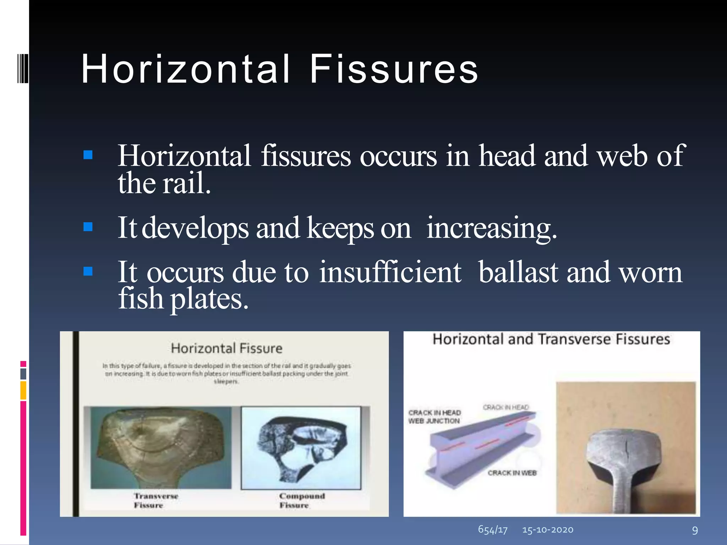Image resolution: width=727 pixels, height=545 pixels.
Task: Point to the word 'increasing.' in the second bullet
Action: point(492,228)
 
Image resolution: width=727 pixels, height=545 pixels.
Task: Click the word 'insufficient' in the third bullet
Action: point(390,272)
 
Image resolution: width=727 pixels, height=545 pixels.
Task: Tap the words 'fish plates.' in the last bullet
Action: point(183,298)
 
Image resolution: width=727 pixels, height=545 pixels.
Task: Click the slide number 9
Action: point(695,530)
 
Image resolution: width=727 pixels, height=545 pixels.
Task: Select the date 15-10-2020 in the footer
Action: point(547,530)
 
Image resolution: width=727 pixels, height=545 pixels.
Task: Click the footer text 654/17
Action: point(493,530)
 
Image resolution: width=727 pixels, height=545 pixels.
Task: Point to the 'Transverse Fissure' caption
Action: point(155,500)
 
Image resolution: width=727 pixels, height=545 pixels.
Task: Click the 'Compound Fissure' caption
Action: point(301,500)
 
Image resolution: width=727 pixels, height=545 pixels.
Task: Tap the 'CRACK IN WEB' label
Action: point(512,473)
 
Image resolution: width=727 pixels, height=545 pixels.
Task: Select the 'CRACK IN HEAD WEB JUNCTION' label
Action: point(434,417)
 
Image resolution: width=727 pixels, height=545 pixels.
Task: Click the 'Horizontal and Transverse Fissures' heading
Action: point(551,339)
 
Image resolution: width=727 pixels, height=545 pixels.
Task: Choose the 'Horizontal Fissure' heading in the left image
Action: point(226,348)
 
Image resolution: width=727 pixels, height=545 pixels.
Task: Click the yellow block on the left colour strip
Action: point(23,390)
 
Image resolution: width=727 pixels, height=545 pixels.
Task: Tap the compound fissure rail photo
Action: point(301,448)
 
